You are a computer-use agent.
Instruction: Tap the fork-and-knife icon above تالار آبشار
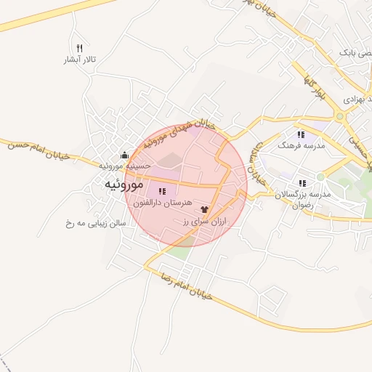(x=80, y=48)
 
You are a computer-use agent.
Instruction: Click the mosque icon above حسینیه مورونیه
(x=124, y=154)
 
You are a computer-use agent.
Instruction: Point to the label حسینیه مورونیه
(x=126, y=166)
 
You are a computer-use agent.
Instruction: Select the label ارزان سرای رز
(x=204, y=220)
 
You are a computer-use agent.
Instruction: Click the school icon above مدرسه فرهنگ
(x=300, y=134)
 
